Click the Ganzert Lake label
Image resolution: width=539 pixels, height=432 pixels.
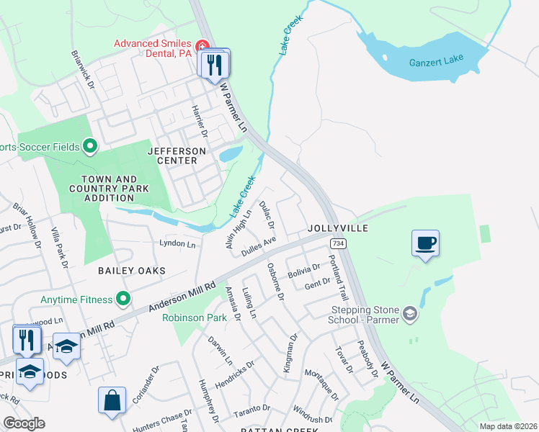point(437,60)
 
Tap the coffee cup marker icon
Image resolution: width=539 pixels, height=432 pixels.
point(425,243)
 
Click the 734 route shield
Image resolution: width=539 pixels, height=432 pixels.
point(339,245)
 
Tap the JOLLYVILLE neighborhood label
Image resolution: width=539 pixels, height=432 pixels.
point(338,228)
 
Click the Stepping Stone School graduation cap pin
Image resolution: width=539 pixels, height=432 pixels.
point(410,313)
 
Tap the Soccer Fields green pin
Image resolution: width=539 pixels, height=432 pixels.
point(89,147)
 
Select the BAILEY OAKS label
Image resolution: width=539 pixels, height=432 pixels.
point(133,271)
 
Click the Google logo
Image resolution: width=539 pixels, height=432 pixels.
point(24,423)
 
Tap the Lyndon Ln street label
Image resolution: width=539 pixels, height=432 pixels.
point(177,244)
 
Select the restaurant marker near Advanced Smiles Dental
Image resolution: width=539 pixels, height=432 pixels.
point(214,66)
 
